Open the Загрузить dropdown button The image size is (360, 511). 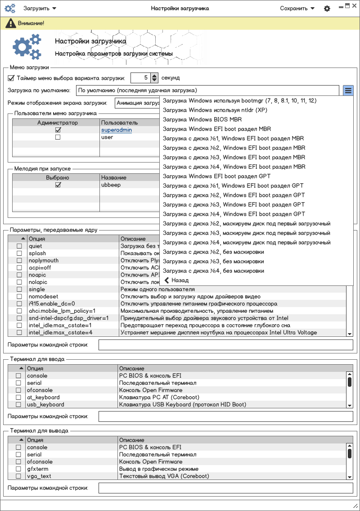coord(40,9)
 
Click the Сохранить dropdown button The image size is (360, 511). coord(297,9)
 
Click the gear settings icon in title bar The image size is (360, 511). coord(327,9)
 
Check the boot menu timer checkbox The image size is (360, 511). coord(11,78)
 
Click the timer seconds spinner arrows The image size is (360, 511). coord(154,78)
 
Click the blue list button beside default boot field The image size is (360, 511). coord(348,90)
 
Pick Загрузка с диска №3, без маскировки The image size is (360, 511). coord(213,261)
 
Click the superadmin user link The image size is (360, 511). coord(117,130)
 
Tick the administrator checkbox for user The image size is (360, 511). coord(58,137)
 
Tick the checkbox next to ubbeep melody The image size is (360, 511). coord(58,185)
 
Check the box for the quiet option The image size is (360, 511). coord(19,246)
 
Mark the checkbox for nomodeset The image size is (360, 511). coord(19,297)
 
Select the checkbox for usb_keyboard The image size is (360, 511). coord(18,405)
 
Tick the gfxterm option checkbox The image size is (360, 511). coord(18,469)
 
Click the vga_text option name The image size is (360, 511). coord(39,476)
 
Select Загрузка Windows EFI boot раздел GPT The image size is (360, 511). coord(216,176)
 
